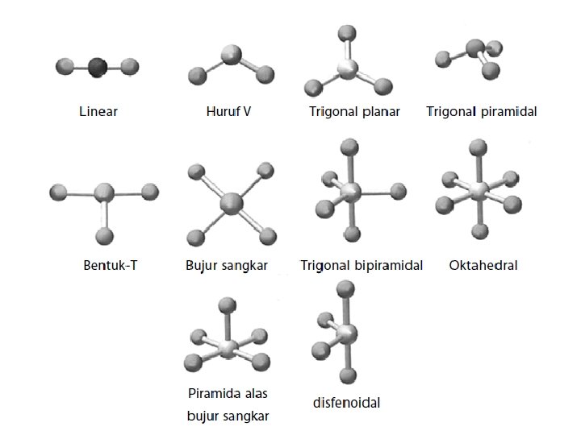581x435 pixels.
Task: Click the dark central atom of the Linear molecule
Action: tap(98, 66)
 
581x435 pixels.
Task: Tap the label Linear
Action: tap(98, 111)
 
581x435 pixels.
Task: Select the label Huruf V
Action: tap(229, 111)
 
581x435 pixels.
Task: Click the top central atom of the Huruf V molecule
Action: tap(232, 56)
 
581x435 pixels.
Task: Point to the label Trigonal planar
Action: tap(354, 111)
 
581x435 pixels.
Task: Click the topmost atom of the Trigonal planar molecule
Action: tap(347, 35)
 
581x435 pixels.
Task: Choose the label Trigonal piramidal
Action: tap(481, 111)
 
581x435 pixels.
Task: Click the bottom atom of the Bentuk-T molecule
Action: tap(104, 236)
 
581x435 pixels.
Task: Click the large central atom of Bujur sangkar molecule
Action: tap(232, 202)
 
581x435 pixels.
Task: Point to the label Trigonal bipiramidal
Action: tap(362, 265)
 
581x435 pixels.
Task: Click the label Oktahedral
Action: tap(483, 265)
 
